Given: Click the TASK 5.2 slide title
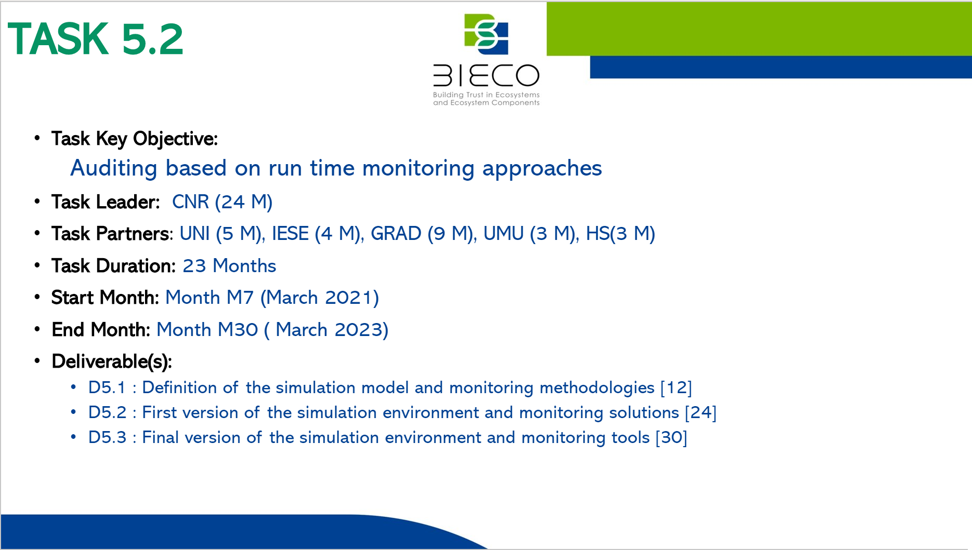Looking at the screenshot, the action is pyautogui.click(x=96, y=39).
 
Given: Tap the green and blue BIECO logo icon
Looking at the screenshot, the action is pyautogui.click(x=486, y=34).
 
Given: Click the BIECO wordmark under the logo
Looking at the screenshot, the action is pyautogui.click(x=486, y=75).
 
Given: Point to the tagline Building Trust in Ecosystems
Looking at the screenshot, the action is pyautogui.click(x=486, y=95).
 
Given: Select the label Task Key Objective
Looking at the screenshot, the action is pyautogui.click(x=134, y=139).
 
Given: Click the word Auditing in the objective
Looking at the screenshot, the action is pyautogui.click(x=114, y=168).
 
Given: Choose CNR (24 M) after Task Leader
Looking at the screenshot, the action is pyautogui.click(x=222, y=202).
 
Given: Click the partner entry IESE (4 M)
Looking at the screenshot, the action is pyautogui.click(x=317, y=234).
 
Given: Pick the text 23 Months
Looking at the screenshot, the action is pyautogui.click(x=229, y=266).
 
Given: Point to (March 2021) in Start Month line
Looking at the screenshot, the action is pyautogui.click(x=320, y=298).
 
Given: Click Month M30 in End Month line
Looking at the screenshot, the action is pyautogui.click(x=207, y=330).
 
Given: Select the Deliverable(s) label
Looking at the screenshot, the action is pyautogui.click(x=112, y=361).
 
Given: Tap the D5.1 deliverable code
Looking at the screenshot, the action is pyautogui.click(x=107, y=387).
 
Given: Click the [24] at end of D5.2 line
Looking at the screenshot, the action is pyautogui.click(x=701, y=412).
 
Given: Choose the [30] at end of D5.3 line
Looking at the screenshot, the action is pyautogui.click(x=672, y=437).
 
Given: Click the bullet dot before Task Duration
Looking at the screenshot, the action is pyautogui.click(x=37, y=265).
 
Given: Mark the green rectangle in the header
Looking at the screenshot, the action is pyautogui.click(x=759, y=29).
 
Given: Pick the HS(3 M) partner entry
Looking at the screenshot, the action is pyautogui.click(x=621, y=234).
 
